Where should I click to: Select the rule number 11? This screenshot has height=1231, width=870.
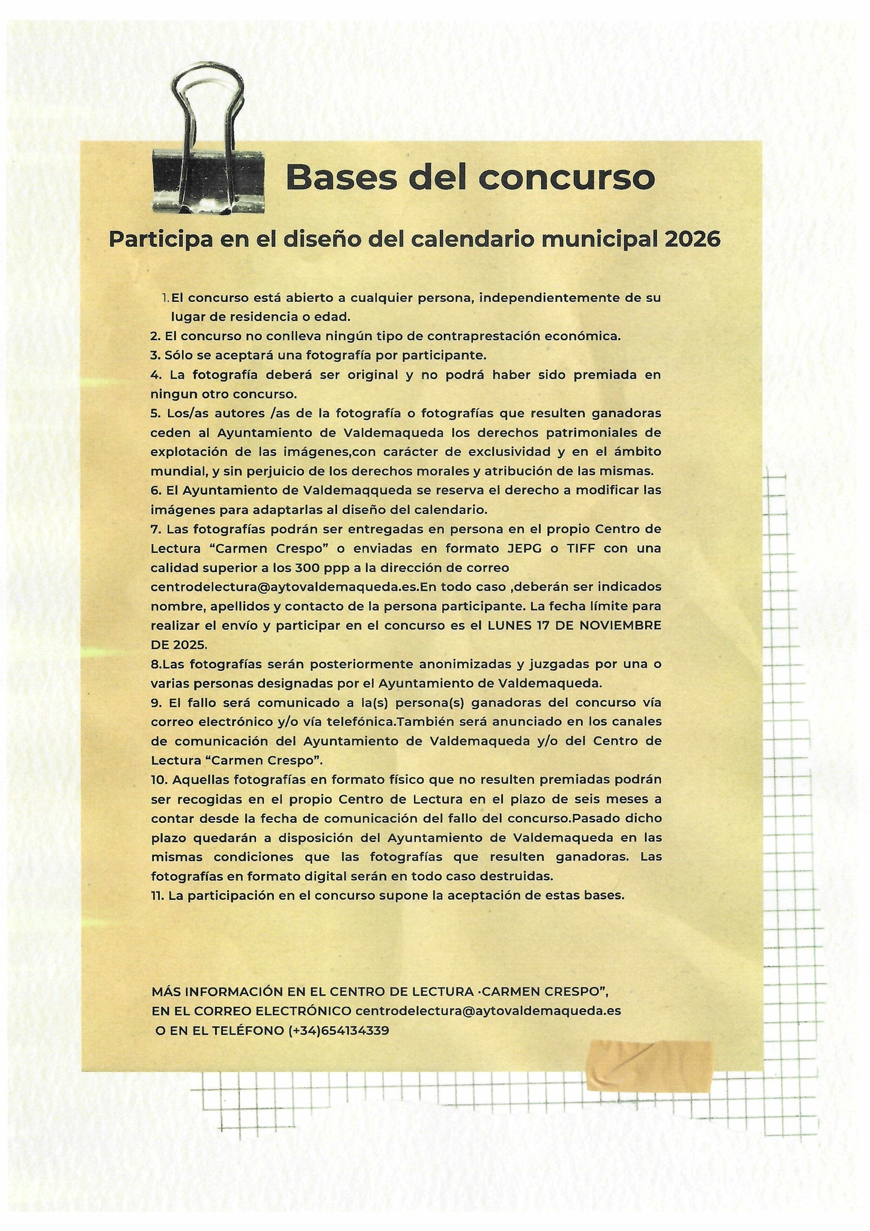157,895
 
